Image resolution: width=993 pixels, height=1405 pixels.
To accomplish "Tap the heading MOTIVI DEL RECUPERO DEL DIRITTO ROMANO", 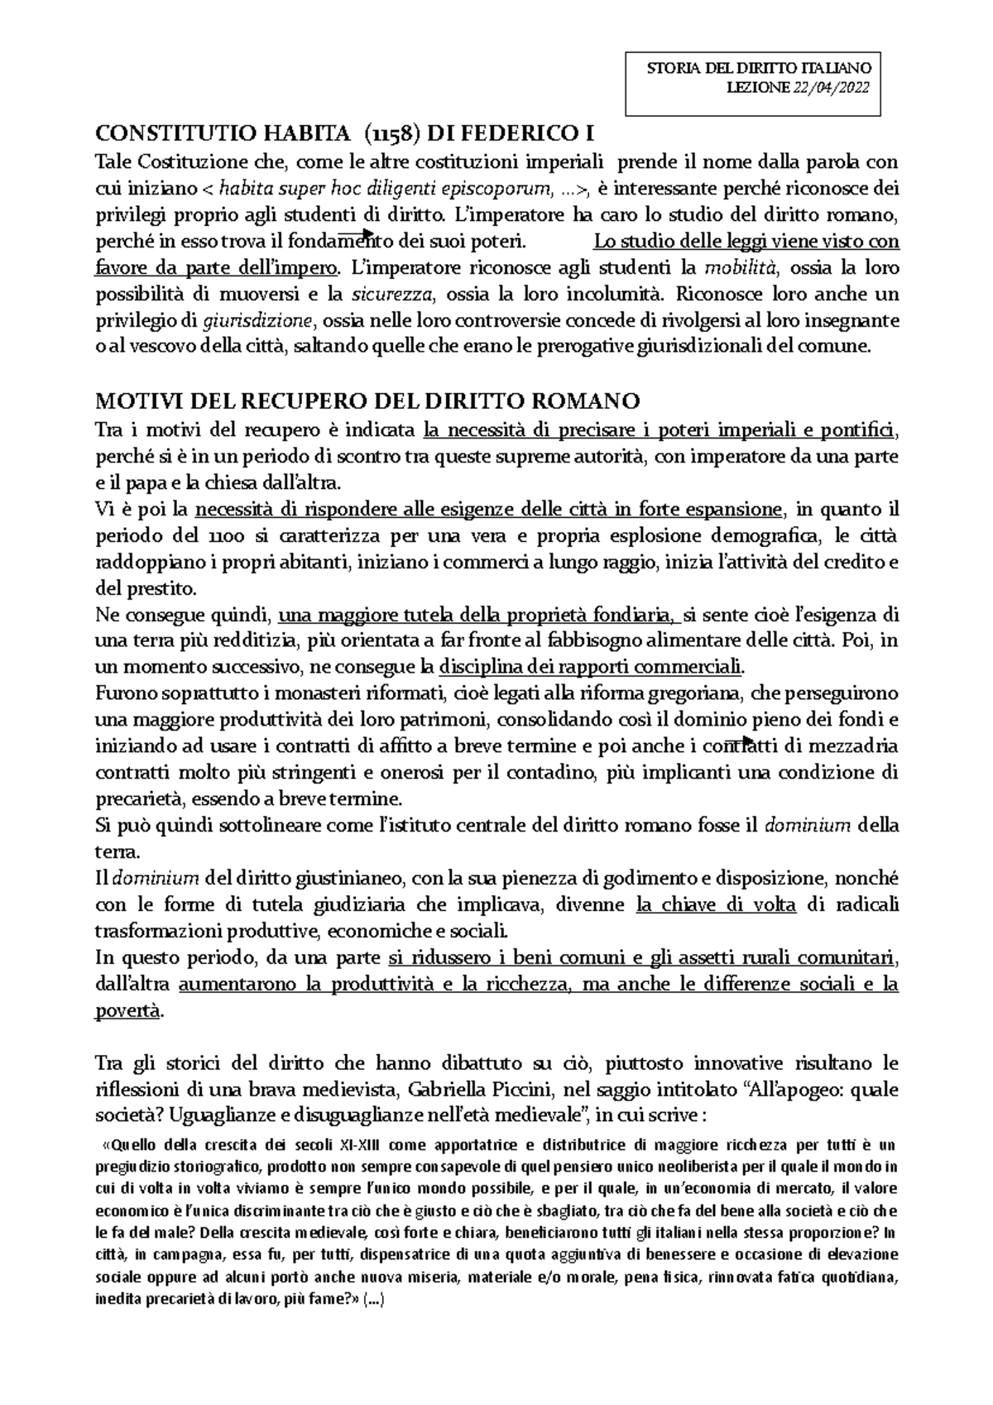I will coord(368,402).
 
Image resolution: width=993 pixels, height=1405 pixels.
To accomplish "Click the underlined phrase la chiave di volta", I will coord(716,904).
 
